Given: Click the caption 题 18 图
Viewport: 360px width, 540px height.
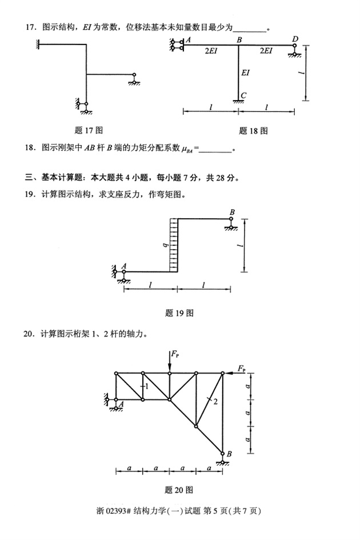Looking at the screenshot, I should pyautogui.click(x=253, y=130).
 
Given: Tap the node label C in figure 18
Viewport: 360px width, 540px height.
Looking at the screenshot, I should pyautogui.click(x=244, y=95).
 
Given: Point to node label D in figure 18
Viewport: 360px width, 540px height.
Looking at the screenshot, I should pyautogui.click(x=295, y=39).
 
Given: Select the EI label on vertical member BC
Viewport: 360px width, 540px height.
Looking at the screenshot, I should pyautogui.click(x=245, y=73).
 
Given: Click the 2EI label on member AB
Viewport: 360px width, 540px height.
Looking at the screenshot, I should pyautogui.click(x=211, y=51).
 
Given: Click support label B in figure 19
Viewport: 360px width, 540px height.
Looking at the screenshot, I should pyautogui.click(x=232, y=212).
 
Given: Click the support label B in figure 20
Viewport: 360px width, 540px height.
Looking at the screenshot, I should pyautogui.click(x=229, y=454).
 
